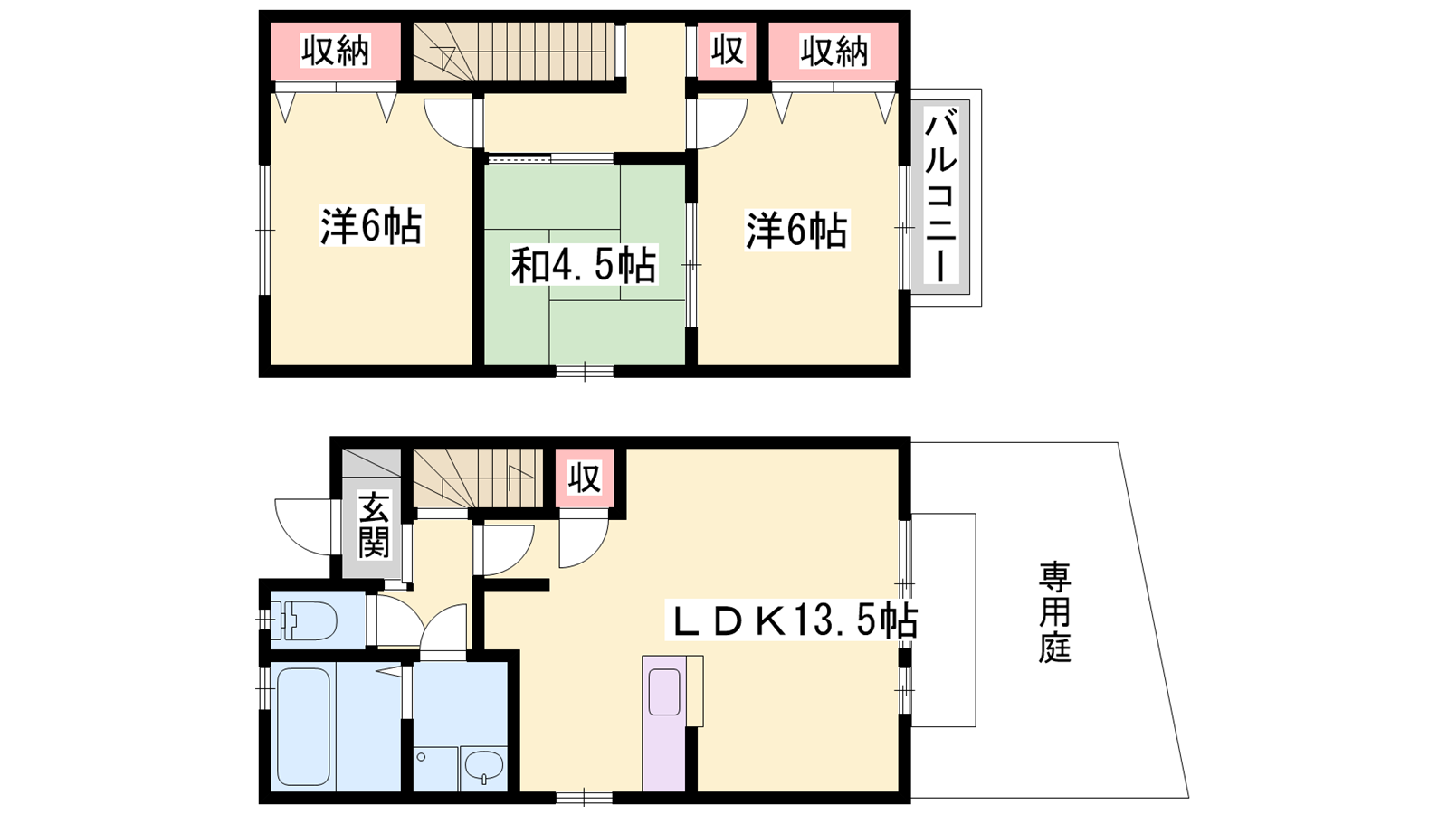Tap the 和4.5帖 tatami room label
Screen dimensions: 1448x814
584,265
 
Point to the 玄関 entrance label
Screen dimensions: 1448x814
375,525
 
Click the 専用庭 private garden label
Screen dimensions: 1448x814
1055,612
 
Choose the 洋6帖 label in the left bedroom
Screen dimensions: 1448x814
371,226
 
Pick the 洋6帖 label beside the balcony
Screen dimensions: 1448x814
796,230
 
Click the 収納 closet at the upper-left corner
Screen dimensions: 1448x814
336,51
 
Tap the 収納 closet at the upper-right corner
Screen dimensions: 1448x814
834,51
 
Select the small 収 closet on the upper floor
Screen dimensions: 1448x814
728,51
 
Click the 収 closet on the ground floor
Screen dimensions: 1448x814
585,478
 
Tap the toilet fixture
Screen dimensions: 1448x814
304,620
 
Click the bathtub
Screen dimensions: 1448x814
304,727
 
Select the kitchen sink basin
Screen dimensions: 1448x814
664,692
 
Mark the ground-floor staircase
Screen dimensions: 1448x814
475,478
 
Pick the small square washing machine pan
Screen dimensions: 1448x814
436,770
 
